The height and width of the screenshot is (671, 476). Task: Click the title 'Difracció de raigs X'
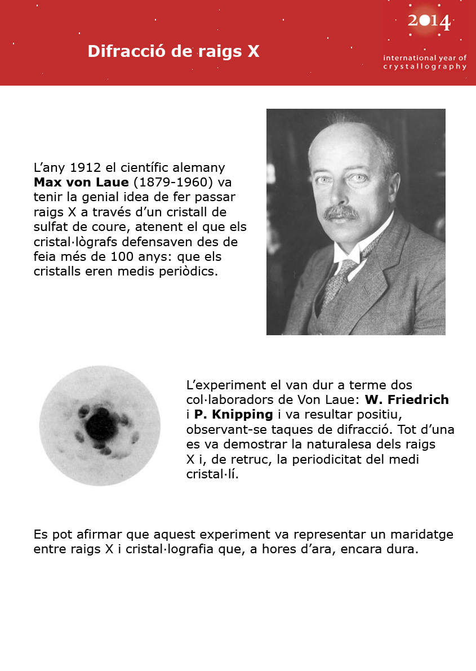pos(174,51)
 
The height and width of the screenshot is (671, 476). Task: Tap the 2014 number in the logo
pos(429,22)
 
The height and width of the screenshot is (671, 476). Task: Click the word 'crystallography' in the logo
pos(424,66)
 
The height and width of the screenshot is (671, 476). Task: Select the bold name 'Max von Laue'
pos(81,183)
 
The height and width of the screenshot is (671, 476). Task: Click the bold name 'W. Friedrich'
pos(407,400)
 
